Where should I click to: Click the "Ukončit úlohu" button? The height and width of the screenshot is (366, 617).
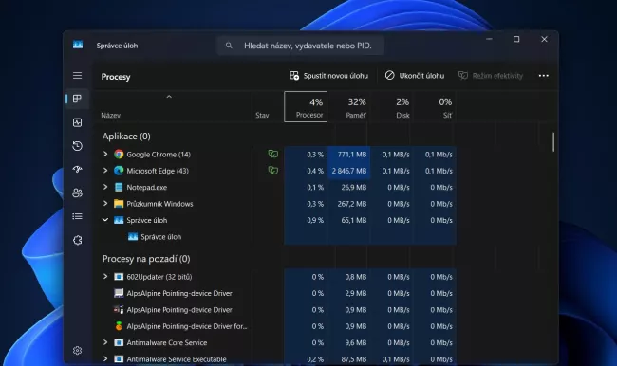pyautogui.click(x=415, y=76)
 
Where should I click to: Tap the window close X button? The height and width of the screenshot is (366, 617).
pyautogui.click(x=544, y=40)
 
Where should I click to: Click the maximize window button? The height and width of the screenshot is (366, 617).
pyautogui.click(x=516, y=40)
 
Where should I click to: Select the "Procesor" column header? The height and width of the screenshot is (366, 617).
pyautogui.click(x=306, y=107)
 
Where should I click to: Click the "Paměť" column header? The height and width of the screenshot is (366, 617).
pyautogui.click(x=356, y=107)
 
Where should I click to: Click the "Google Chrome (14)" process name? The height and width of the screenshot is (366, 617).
pyautogui.click(x=159, y=155)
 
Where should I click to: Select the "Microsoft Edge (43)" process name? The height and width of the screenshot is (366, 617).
pyautogui.click(x=158, y=171)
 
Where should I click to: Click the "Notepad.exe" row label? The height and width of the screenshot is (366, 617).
pyautogui.click(x=146, y=187)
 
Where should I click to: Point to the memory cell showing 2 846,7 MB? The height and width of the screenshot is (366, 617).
pyautogui.click(x=348, y=171)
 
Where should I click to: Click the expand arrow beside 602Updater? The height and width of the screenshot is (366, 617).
pyautogui.click(x=105, y=277)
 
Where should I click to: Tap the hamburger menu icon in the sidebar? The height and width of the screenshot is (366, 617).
pyautogui.click(x=77, y=75)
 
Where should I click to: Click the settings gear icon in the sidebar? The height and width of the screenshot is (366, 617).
pyautogui.click(x=77, y=350)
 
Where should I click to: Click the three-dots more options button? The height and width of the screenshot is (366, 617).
pyautogui.click(x=543, y=76)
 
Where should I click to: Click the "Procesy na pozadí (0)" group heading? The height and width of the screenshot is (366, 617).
pyautogui.click(x=146, y=258)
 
